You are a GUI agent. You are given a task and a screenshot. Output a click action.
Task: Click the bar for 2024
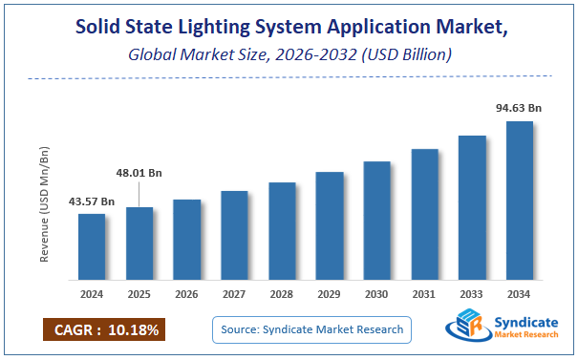point(92,246)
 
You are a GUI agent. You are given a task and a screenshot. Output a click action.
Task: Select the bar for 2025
point(139,244)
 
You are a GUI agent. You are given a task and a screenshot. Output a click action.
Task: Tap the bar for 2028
point(282,231)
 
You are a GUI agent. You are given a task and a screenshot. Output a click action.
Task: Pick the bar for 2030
point(377,221)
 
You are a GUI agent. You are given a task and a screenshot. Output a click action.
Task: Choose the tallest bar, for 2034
point(520,201)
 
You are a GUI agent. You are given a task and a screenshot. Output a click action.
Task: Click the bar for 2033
point(472,208)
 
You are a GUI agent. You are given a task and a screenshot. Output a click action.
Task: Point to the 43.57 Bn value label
point(92,201)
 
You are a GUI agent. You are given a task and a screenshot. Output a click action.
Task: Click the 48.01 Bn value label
point(139,174)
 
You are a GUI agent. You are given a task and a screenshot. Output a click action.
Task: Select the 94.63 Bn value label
point(520,109)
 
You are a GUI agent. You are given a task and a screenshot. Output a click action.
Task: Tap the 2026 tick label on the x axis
point(187,295)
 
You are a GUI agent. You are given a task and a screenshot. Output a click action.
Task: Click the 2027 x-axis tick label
point(234,295)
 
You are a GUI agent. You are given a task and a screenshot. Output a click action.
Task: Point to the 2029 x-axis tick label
point(330,295)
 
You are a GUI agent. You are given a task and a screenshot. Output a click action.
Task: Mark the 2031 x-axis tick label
point(424,295)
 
